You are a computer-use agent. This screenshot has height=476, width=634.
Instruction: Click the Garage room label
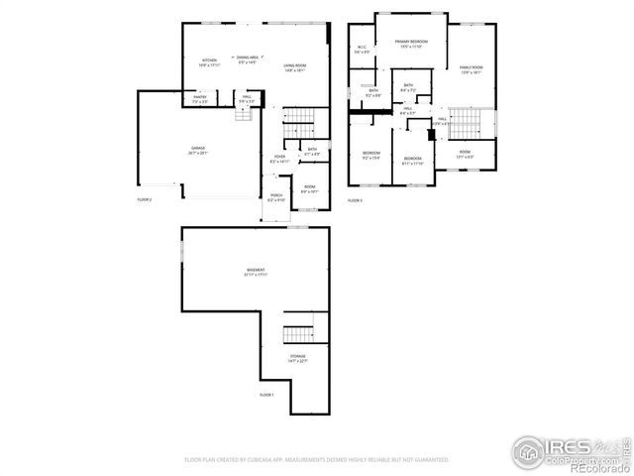pos(199,151)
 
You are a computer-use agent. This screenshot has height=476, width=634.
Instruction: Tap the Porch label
pos(275,198)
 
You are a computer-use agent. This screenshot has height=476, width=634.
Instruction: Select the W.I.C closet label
pos(362,50)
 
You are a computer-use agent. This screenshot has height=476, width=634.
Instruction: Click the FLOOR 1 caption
pos(266,395)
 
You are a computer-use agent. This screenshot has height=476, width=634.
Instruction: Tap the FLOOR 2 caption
pos(145,199)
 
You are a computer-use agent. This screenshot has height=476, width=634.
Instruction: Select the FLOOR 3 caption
pos(356,200)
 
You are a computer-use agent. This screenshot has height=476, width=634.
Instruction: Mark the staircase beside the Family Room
pos(477,124)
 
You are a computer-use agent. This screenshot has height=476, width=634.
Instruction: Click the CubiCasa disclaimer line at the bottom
pos(317,459)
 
